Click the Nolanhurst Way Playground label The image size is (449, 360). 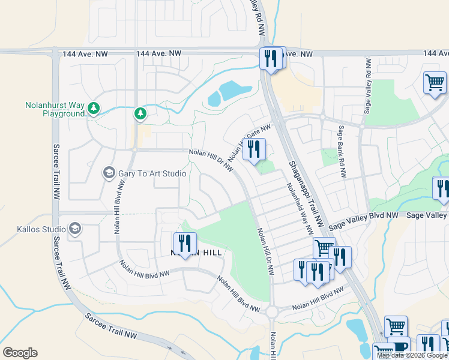click(55, 109)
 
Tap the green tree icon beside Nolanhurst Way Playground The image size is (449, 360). click(92, 109)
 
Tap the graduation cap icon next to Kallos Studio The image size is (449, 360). click(75, 229)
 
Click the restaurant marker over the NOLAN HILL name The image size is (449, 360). click(185, 244)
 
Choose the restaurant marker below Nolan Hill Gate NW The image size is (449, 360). click(255, 149)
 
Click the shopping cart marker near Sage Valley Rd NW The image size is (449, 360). click(435, 83)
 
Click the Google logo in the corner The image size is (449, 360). click(20, 352)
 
